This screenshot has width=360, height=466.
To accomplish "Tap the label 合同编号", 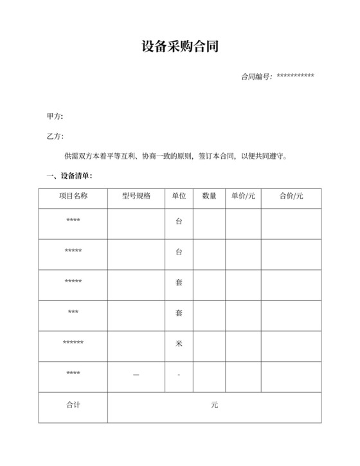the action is coord(255,76).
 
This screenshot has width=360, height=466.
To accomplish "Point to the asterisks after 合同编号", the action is coord(294,76).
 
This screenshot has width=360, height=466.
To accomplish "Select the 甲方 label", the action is coord(55,116).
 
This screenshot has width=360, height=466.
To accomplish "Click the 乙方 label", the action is coord(55,136).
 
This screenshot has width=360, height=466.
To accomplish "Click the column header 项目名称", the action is coord(73,196).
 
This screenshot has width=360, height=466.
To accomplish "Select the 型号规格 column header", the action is coord(136,196).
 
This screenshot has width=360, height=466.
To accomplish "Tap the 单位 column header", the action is coord(179,196).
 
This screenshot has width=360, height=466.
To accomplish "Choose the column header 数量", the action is coord(209,196).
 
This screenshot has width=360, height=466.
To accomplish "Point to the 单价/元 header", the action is coord(243,196).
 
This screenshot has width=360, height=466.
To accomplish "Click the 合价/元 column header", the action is coord(291,196).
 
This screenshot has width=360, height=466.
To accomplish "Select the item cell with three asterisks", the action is coord(73,313).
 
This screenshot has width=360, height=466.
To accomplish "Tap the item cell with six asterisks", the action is coord(73,343).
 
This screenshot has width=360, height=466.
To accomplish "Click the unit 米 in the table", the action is coord(179,343).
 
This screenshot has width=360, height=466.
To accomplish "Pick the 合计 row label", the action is coord(73,405).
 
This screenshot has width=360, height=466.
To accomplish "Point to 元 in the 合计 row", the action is coord(214,405).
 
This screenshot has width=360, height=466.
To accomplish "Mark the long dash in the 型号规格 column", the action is coord(136,375).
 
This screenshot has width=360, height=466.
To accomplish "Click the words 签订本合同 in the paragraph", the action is coord(216,156).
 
